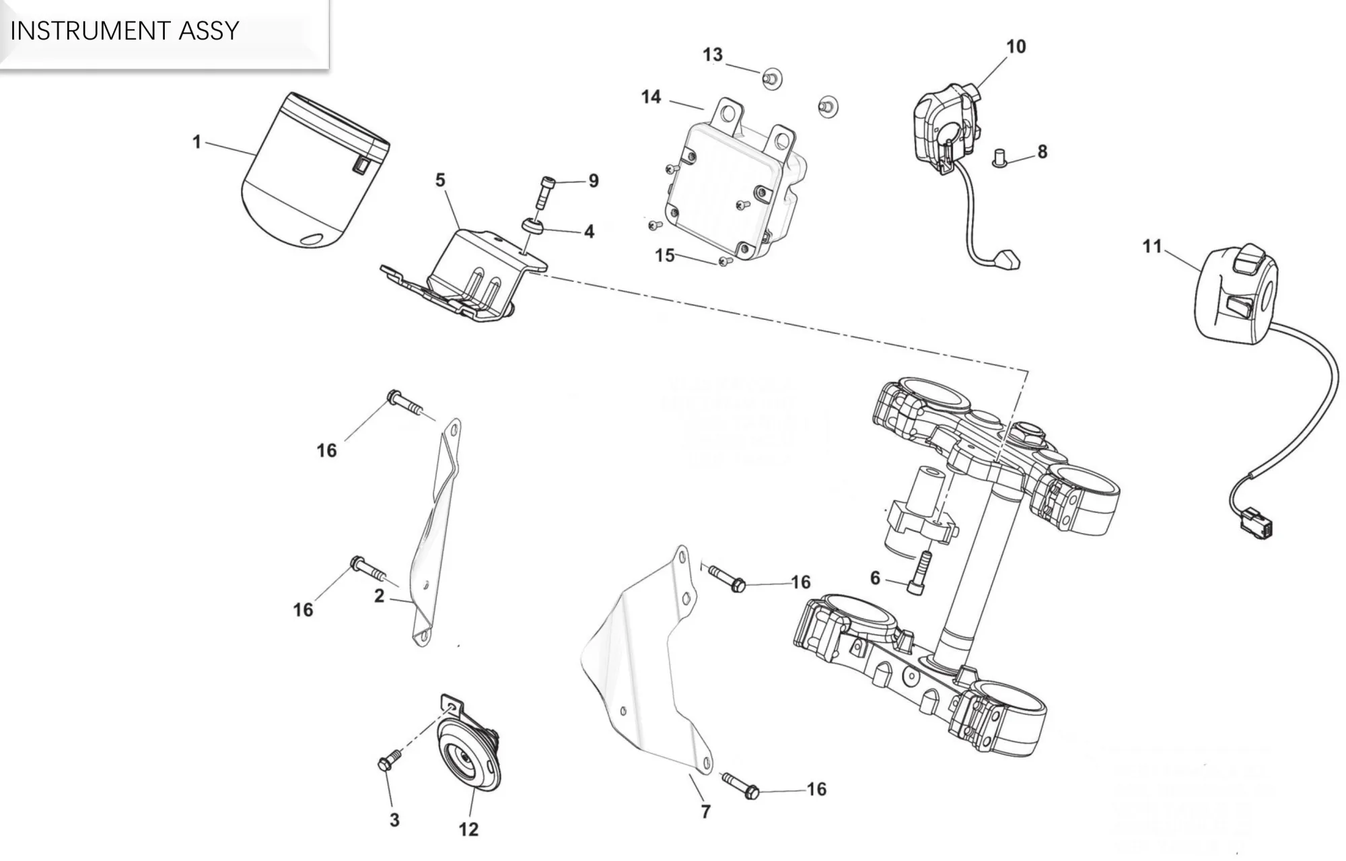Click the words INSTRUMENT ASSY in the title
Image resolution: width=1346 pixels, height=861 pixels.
click(125, 31)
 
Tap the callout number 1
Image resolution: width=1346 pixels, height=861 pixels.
click(197, 142)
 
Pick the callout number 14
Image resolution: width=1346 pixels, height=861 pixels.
click(651, 98)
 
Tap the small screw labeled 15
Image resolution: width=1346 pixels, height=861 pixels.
click(725, 261)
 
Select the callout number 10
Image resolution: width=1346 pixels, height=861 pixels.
click(1016, 46)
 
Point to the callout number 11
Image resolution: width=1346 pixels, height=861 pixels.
click(1152, 246)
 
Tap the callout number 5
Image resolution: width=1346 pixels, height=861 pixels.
click(440, 180)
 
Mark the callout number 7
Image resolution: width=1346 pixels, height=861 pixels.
click(705, 812)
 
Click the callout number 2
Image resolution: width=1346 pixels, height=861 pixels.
click(380, 596)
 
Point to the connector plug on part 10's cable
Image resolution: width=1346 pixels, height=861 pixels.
click(1007, 259)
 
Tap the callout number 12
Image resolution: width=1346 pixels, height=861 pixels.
click(468, 829)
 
